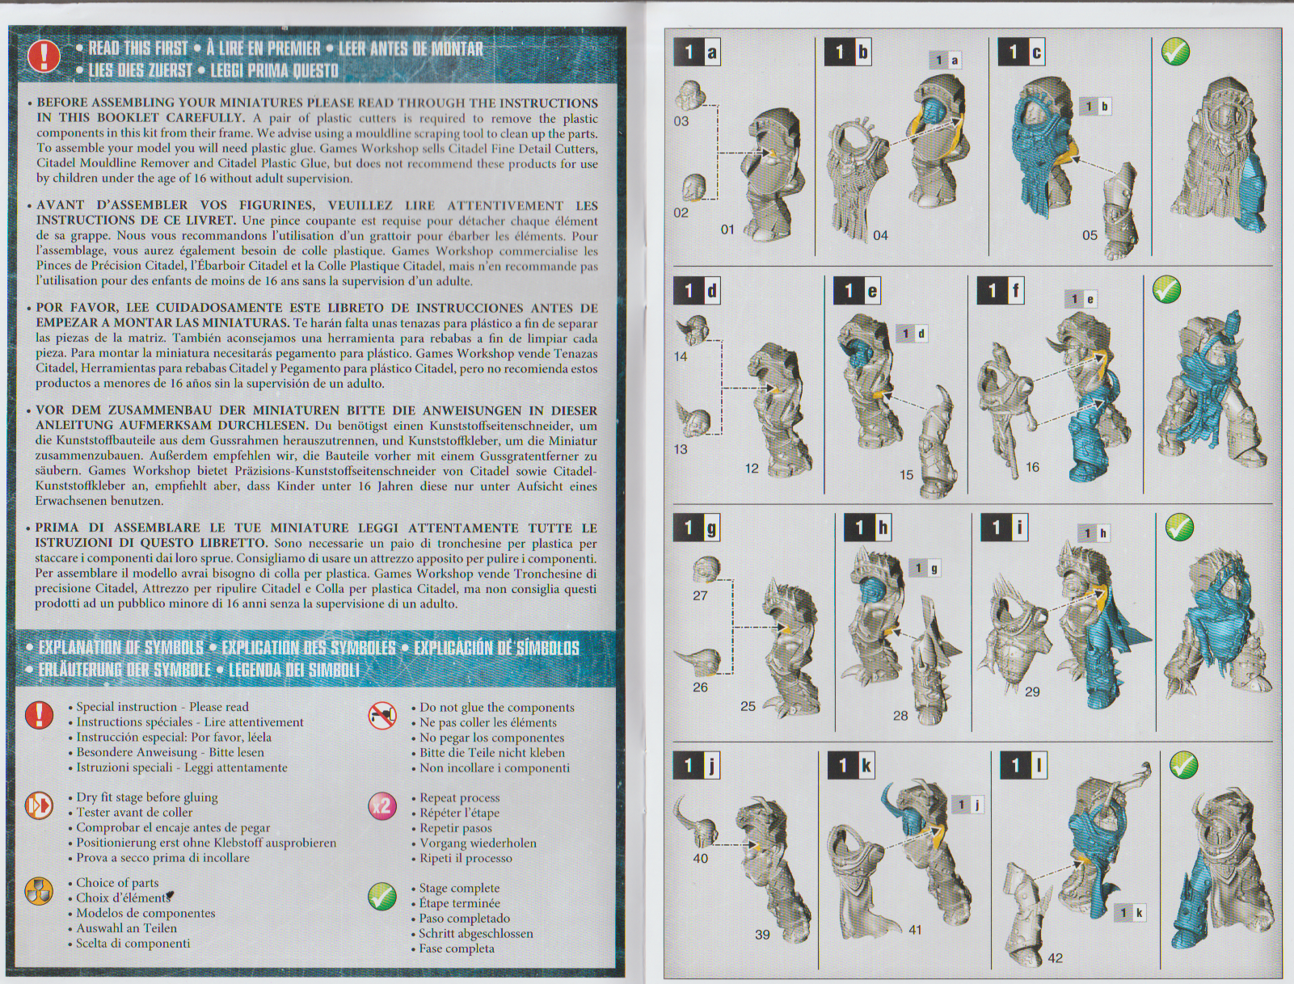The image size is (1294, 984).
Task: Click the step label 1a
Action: pyautogui.click(x=697, y=52)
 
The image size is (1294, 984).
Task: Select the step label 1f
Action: pyautogui.click(x=1000, y=291)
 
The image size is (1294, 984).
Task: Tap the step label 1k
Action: pyautogui.click(x=851, y=765)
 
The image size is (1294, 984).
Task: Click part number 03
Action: pyautogui.click(x=681, y=121)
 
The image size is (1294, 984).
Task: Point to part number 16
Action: pyautogui.click(x=1032, y=467)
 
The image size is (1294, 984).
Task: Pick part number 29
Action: pyautogui.click(x=1032, y=692)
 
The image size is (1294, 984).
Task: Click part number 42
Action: pyautogui.click(x=1056, y=958)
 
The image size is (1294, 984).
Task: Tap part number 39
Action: pyautogui.click(x=762, y=935)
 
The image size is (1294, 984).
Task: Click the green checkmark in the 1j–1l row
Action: pyautogui.click(x=1184, y=764)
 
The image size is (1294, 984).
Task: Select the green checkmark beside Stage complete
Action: pyautogui.click(x=382, y=896)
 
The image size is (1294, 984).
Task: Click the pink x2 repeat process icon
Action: pyautogui.click(x=382, y=805)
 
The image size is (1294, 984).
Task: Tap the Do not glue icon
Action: pyautogui.click(x=382, y=715)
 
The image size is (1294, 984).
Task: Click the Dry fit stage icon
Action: pyautogui.click(x=39, y=805)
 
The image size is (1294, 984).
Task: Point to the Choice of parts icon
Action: pyautogui.click(x=39, y=891)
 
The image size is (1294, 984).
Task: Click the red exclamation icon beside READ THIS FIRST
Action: pyautogui.click(x=44, y=57)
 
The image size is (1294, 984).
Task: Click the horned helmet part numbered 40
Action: pyautogui.click(x=698, y=822)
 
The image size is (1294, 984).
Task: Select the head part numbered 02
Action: pyautogui.click(x=694, y=188)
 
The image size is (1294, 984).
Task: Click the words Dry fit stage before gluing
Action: pyautogui.click(x=147, y=797)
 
